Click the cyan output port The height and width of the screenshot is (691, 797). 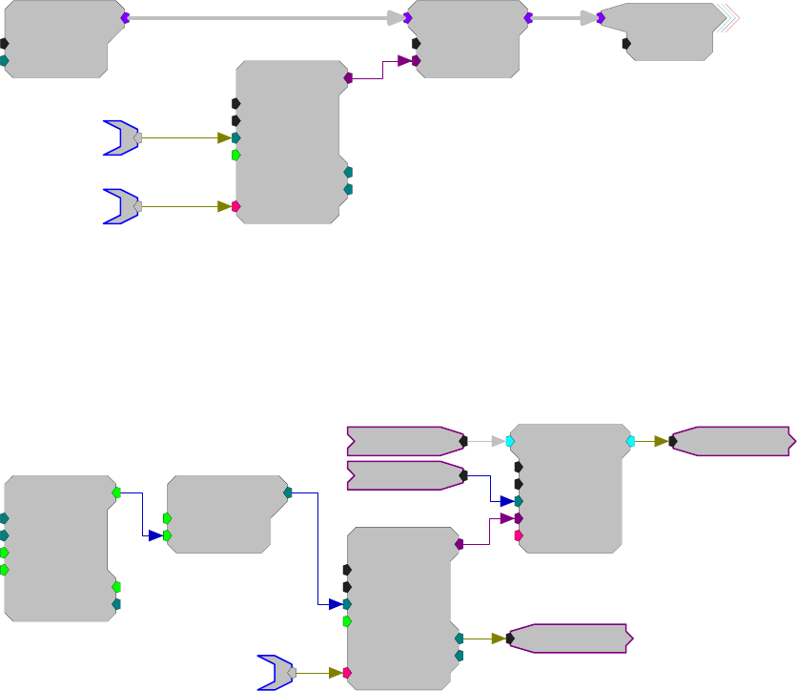pyautogui.click(x=630, y=441)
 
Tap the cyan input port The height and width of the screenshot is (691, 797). pyautogui.click(x=511, y=441)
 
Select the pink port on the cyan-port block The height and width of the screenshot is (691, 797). pyautogui.click(x=519, y=536)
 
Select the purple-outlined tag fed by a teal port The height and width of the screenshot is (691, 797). pyautogui.click(x=570, y=639)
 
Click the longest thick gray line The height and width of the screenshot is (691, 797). pyautogui.click(x=257, y=18)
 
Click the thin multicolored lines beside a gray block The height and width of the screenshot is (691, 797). pyautogui.click(x=728, y=17)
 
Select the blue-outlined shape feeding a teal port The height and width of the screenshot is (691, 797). pyautogui.click(x=121, y=137)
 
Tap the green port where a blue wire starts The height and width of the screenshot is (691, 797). pyautogui.click(x=116, y=493)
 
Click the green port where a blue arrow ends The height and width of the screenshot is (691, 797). pyautogui.click(x=167, y=535)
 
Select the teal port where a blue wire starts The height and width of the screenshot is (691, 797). pyautogui.click(x=287, y=493)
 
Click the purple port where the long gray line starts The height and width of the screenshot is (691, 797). pyautogui.click(x=125, y=18)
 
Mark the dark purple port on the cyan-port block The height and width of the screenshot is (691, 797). pyautogui.click(x=519, y=518)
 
